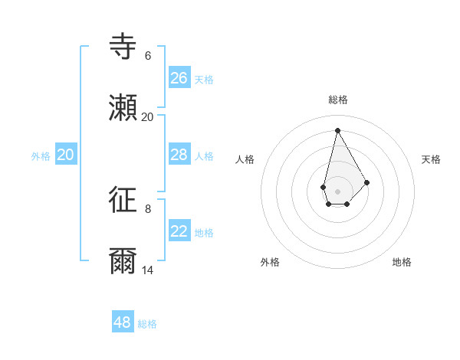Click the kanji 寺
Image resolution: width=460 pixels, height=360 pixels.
(x=123, y=47)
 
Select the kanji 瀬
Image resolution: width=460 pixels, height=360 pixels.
(x=123, y=109)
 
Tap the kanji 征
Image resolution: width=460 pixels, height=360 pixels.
(x=123, y=200)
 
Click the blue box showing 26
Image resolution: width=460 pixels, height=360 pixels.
(x=179, y=78)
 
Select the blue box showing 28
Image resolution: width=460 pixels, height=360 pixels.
(x=179, y=155)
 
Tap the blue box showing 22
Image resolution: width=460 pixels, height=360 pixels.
(x=179, y=231)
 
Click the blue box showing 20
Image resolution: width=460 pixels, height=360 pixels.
(x=65, y=155)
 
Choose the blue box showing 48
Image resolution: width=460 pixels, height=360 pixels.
(x=122, y=322)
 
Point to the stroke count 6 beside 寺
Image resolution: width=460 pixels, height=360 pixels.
(x=147, y=56)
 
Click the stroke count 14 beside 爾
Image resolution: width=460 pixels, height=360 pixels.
(x=147, y=270)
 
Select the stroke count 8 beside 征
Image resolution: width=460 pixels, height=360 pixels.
(x=147, y=208)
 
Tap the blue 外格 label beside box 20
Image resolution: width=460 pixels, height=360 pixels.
(x=41, y=156)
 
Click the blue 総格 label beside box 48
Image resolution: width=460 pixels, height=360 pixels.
(x=147, y=324)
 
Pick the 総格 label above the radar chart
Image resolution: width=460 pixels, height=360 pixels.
(x=338, y=100)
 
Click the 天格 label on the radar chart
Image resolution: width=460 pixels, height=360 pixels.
(x=431, y=159)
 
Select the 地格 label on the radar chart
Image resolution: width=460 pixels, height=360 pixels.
(x=402, y=262)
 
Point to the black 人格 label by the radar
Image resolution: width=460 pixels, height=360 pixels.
(x=245, y=159)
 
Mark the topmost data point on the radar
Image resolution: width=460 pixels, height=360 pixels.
(x=337, y=130)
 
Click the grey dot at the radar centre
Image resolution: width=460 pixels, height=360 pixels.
(x=337, y=191)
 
